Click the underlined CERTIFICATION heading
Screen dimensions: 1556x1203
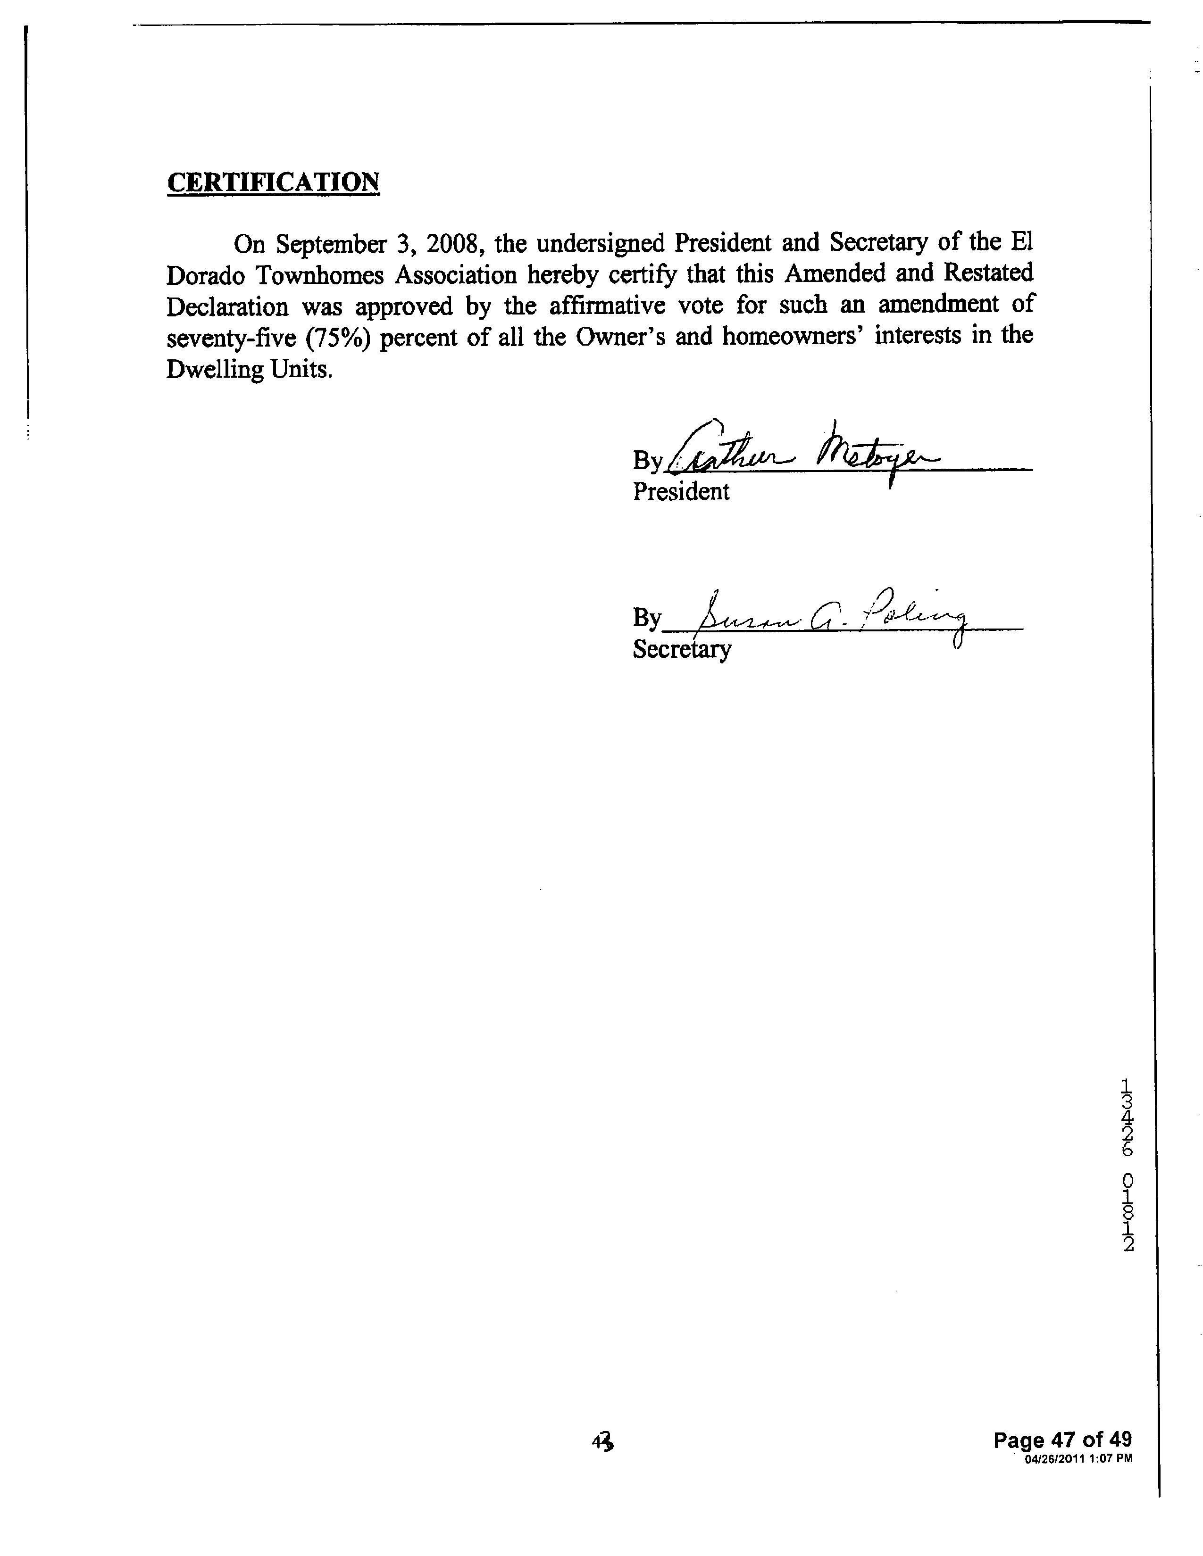click(x=273, y=182)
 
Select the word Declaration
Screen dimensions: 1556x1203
click(x=228, y=306)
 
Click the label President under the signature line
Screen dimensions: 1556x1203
click(x=681, y=492)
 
